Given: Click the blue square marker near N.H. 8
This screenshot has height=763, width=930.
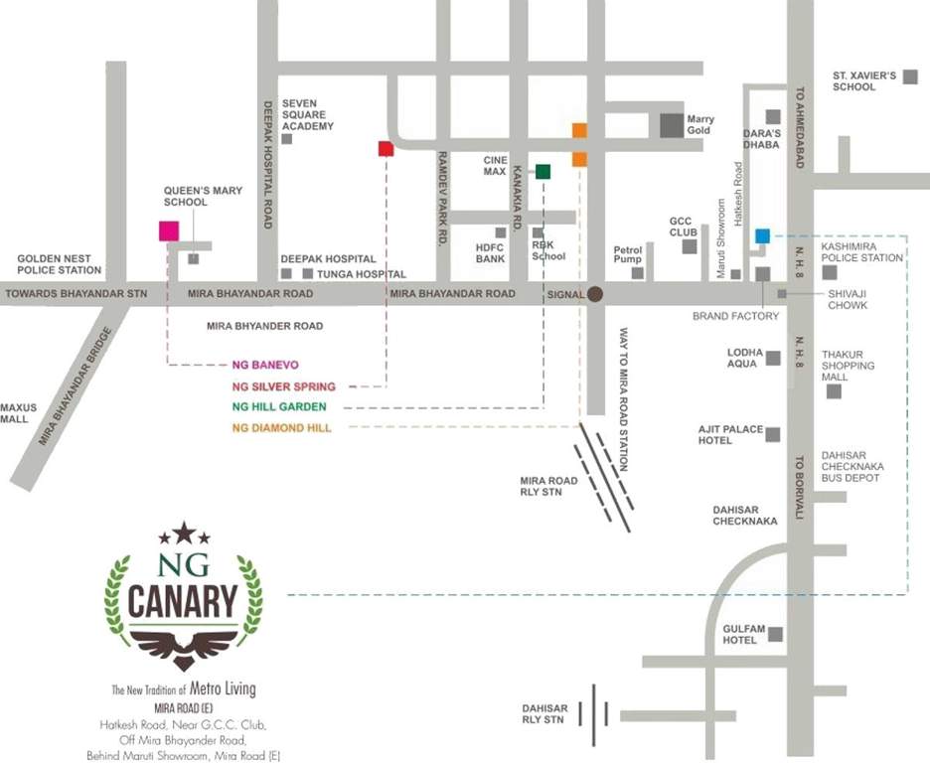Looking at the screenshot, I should [x=762, y=235].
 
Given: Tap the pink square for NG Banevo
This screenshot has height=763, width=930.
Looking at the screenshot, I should [x=169, y=230].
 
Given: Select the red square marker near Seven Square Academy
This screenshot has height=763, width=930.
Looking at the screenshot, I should [x=387, y=149].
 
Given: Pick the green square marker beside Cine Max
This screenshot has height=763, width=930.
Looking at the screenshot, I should [x=542, y=171].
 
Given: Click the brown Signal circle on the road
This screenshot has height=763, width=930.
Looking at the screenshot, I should [x=595, y=293].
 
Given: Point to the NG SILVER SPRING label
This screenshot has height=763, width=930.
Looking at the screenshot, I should [x=283, y=386].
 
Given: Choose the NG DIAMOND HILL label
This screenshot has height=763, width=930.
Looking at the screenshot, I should [x=281, y=427].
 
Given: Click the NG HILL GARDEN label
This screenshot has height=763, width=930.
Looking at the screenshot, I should [x=278, y=407].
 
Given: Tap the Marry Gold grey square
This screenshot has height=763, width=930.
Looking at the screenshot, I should [x=672, y=124].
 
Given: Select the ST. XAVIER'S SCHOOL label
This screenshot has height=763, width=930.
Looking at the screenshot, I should [x=864, y=80].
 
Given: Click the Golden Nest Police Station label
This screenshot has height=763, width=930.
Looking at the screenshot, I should [x=60, y=264].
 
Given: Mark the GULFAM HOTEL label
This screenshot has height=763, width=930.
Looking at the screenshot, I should [x=739, y=634].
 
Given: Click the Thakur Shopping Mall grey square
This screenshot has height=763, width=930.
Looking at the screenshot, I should [x=834, y=391].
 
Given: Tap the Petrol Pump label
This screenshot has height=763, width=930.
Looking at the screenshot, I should [x=628, y=255].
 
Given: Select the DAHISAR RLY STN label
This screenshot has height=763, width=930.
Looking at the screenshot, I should [x=545, y=714].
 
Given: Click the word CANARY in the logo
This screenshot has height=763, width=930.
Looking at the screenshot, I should [x=184, y=601].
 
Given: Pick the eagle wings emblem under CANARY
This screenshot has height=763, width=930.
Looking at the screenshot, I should [x=184, y=645].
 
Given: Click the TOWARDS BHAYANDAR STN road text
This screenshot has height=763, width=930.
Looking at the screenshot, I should [x=76, y=294].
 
